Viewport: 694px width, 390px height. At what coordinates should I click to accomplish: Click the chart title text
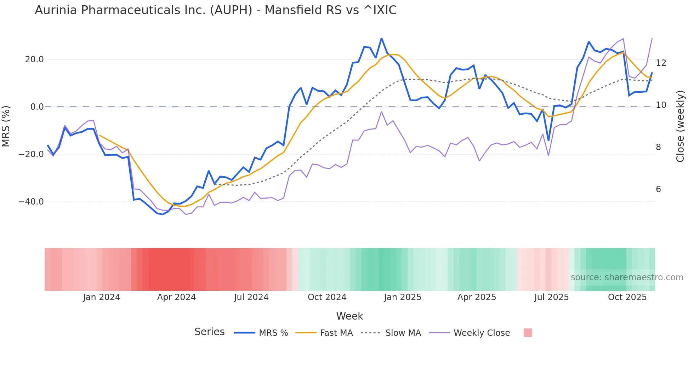tap(216, 10)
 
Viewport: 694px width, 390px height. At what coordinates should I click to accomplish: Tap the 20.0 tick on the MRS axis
tap(34, 59)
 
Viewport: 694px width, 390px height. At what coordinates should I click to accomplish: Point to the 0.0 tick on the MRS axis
tap(37, 107)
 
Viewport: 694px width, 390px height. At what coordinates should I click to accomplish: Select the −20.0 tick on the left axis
tap(31, 154)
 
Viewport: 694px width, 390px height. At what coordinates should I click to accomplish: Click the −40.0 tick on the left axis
tap(31, 202)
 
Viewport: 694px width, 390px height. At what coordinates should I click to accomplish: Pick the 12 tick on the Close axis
tap(661, 63)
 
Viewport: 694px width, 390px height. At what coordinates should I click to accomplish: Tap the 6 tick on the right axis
tap(658, 189)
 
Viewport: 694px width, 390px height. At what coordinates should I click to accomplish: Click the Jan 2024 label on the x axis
tap(102, 297)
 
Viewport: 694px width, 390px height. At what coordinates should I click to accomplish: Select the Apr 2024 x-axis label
tap(176, 297)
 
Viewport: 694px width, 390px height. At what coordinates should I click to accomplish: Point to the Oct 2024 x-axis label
tap(327, 297)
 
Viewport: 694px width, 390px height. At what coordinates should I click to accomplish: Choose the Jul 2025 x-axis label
tap(551, 297)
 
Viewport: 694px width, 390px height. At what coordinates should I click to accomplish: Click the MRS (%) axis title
tap(6, 126)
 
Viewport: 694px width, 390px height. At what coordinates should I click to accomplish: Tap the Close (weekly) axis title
tap(680, 126)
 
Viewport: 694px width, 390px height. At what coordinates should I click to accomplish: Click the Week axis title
tap(349, 316)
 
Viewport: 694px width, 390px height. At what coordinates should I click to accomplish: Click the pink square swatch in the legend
tap(528, 333)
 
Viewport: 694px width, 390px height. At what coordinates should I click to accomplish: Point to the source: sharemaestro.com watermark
tap(627, 277)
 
